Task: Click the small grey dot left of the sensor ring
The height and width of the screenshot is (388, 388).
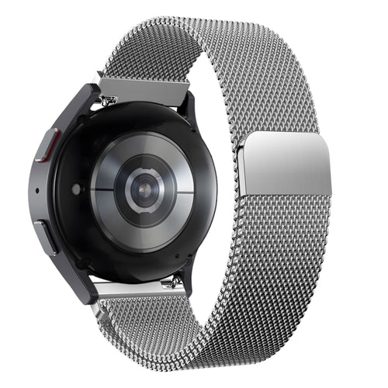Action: tap(76, 188)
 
